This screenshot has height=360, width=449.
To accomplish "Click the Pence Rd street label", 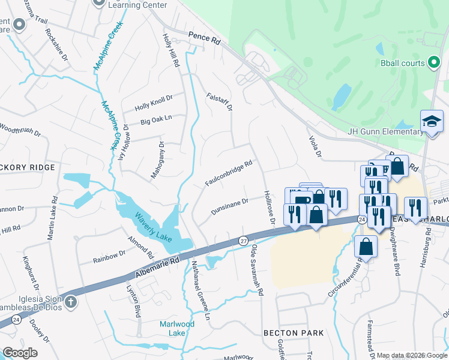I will pyautogui.click(x=204, y=37).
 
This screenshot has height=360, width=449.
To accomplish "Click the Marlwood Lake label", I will pyautogui.click(x=169, y=329).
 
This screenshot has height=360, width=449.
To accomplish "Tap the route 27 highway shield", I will pyautogui.click(x=243, y=240).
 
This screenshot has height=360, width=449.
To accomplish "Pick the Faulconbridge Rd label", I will pyautogui.click(x=228, y=173).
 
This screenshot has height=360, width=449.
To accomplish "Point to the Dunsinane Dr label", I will pyautogui.click(x=229, y=207).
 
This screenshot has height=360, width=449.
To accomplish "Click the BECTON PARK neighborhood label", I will pyautogui.click(x=294, y=332).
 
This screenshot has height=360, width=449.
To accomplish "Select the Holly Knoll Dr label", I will pyautogui.click(x=153, y=102).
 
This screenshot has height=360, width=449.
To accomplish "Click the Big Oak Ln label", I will pyautogui.click(x=156, y=119).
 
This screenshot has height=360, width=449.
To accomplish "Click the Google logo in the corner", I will pyautogui.click(x=20, y=353).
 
